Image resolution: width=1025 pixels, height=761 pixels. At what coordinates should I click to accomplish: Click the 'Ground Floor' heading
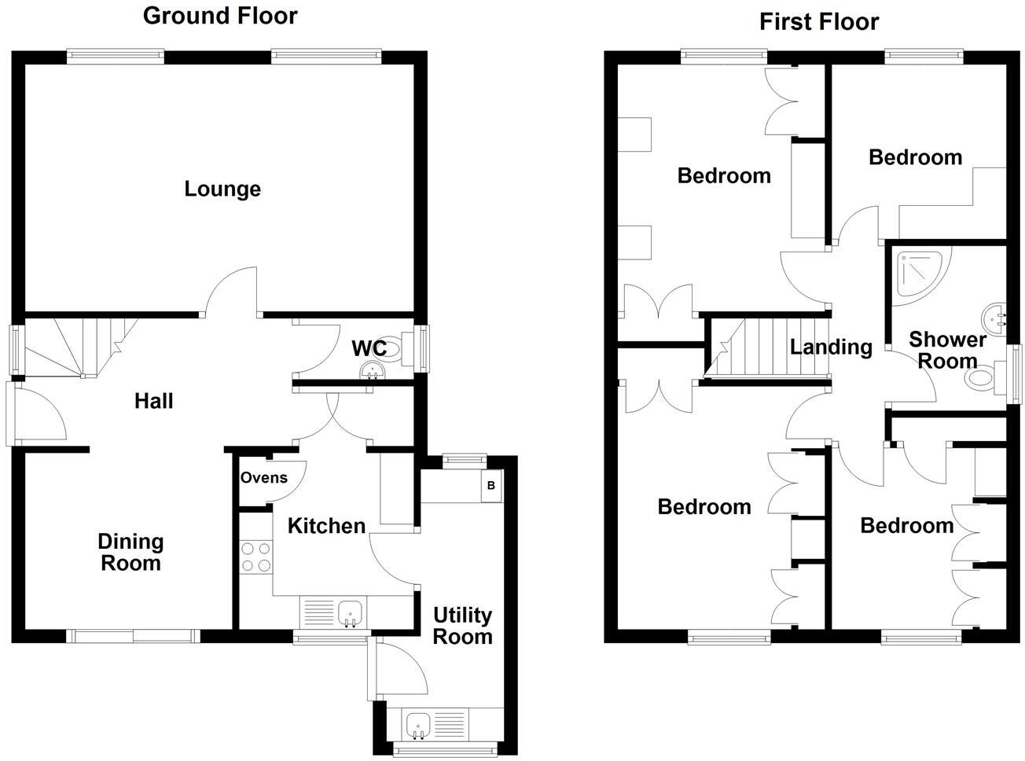[220, 16]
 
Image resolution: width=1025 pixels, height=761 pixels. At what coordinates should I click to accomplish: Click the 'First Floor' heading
[818, 22]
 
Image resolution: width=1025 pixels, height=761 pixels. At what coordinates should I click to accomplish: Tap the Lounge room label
[222, 189]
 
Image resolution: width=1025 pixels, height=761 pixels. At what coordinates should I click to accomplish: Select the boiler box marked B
[491, 486]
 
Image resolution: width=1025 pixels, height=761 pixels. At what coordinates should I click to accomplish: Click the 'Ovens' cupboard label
[263, 477]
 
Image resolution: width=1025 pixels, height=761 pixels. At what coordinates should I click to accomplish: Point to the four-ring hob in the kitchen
[255, 557]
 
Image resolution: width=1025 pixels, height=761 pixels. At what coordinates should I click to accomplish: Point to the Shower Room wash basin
[995, 319]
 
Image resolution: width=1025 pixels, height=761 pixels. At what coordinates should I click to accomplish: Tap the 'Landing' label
[831, 347]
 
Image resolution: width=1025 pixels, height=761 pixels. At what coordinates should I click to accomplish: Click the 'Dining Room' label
[130, 552]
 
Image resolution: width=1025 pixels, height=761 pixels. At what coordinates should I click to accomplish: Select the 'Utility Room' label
[462, 626]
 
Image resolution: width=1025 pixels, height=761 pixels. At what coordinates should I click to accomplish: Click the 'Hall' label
[153, 401]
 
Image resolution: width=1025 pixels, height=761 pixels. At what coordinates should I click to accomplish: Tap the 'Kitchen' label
[326, 525]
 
